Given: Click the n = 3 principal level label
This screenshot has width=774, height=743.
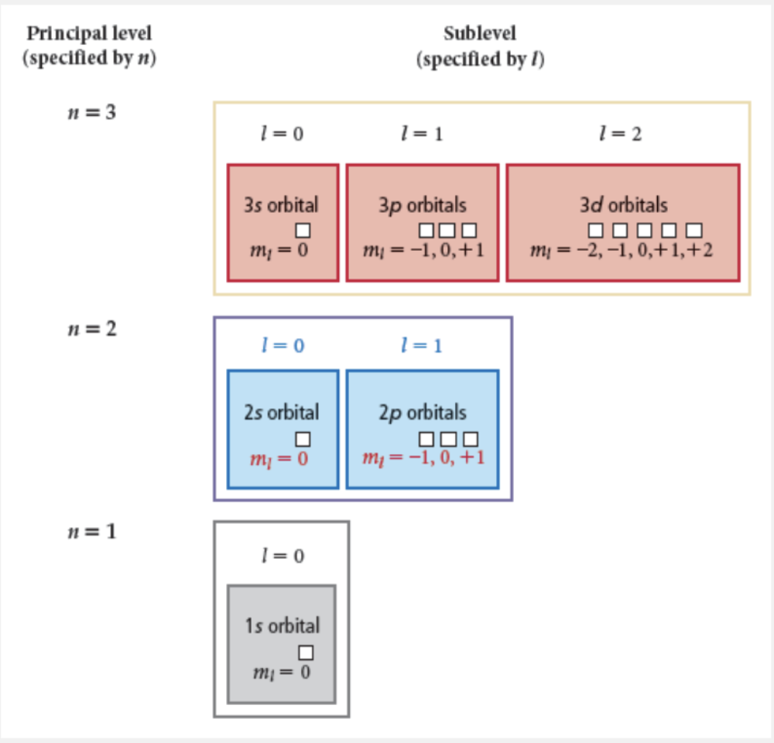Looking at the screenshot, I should [x=92, y=112].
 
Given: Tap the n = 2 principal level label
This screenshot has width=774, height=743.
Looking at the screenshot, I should [x=92, y=328].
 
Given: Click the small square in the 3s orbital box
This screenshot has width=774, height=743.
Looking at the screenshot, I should [x=303, y=230].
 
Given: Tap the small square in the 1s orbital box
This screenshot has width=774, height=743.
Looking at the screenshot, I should [x=306, y=652].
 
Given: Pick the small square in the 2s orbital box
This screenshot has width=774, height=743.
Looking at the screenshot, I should [x=303, y=439].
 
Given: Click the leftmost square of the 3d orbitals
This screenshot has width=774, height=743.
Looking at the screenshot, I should [x=595, y=230].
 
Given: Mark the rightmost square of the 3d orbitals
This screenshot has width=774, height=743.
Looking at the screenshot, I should [x=694, y=230].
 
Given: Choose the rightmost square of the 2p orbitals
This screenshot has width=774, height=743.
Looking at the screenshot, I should [x=470, y=439].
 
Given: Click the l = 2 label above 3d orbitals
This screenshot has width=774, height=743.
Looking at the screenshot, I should [x=620, y=134].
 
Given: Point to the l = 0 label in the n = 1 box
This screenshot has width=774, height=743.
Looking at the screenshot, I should [x=281, y=555].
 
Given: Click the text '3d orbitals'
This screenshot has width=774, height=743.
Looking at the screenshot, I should [x=623, y=205].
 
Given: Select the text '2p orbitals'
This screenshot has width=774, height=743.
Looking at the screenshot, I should [x=423, y=413].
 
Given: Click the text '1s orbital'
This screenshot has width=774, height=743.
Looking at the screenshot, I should [x=282, y=625].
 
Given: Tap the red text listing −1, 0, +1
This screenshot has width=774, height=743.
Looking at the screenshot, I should [x=423, y=457].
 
